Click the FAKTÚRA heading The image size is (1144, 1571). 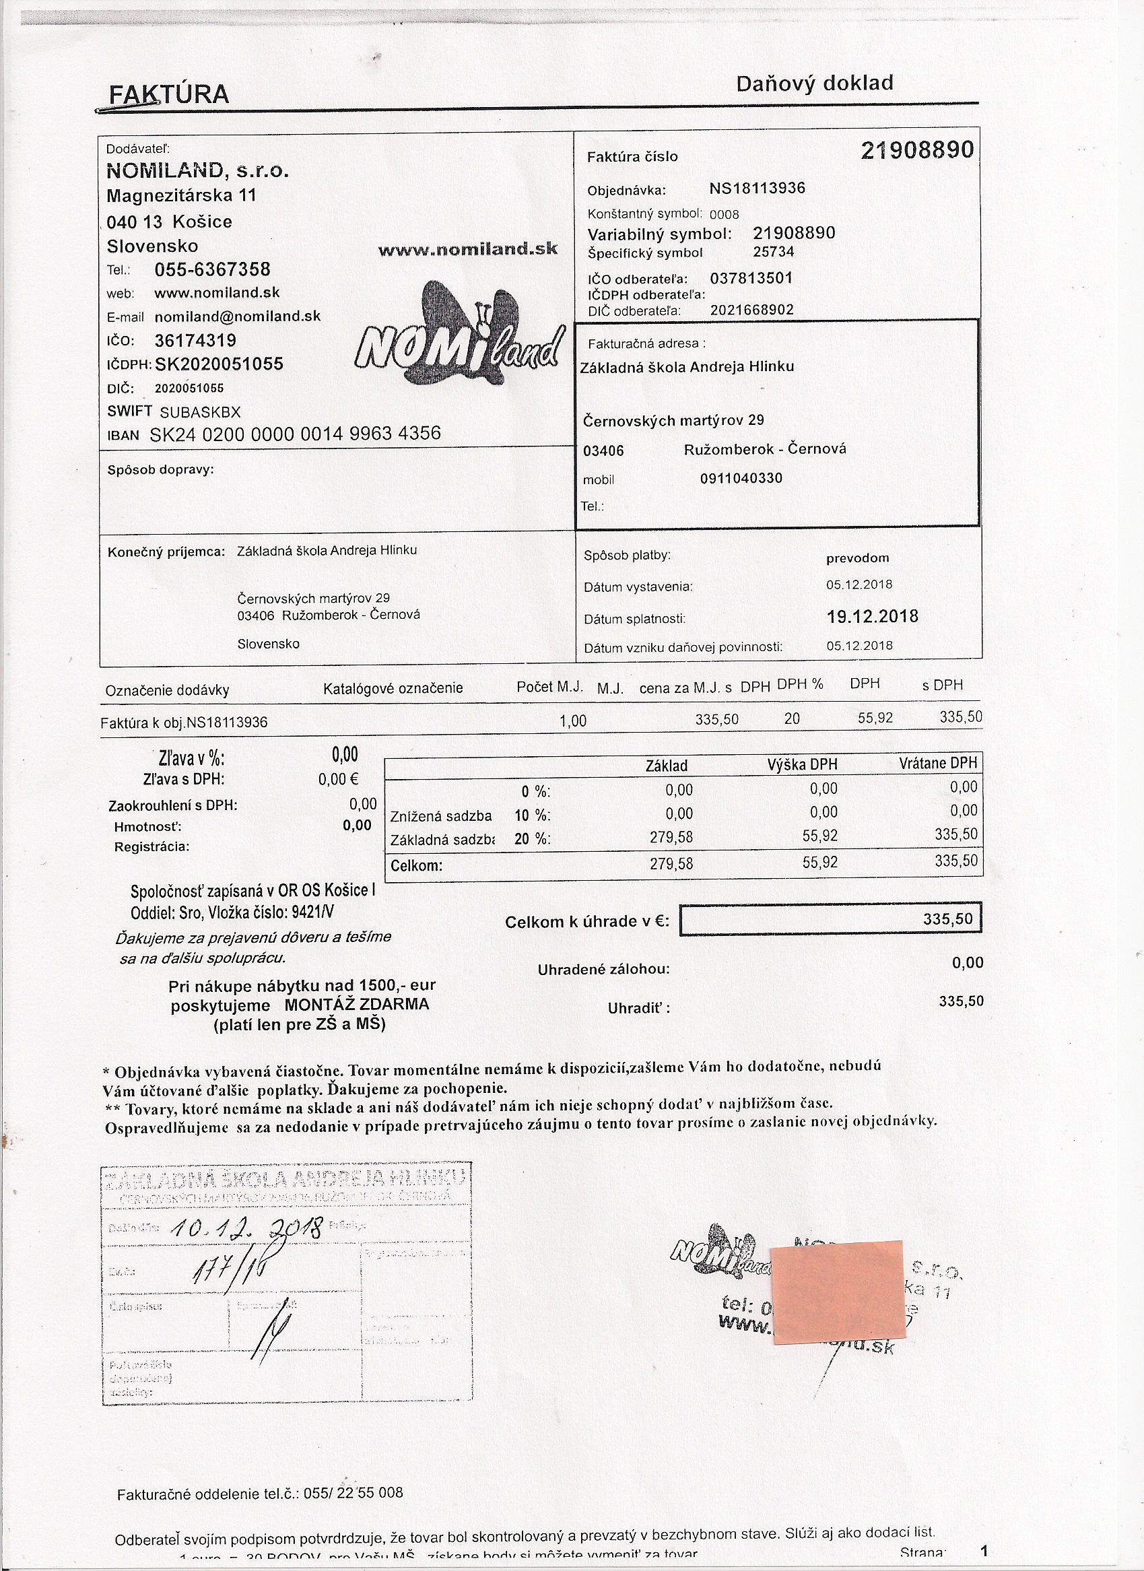coord(169,94)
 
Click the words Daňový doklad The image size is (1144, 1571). coord(814,83)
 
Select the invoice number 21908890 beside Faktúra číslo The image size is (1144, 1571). coord(917,150)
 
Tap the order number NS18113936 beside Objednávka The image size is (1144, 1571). coord(757,189)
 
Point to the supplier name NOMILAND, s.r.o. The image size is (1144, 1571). coord(197,170)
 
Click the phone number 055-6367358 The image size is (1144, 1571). coord(212,269)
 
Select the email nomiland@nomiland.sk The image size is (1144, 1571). coord(238,316)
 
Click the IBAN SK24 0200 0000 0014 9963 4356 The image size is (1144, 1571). coord(295,434)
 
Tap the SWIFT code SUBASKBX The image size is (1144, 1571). coord(200,412)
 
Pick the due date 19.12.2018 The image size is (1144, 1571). coord(873,617)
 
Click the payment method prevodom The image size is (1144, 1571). coord(857,558)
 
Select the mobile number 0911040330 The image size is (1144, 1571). coord(741,479)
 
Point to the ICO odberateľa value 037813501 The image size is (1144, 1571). coord(751,279)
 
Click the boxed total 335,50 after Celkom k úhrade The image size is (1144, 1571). coord(947,919)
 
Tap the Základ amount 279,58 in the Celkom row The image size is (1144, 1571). coord(671,864)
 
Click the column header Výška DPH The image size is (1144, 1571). coord(802,765)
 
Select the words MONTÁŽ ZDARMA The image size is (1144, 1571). coord(357,1005)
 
